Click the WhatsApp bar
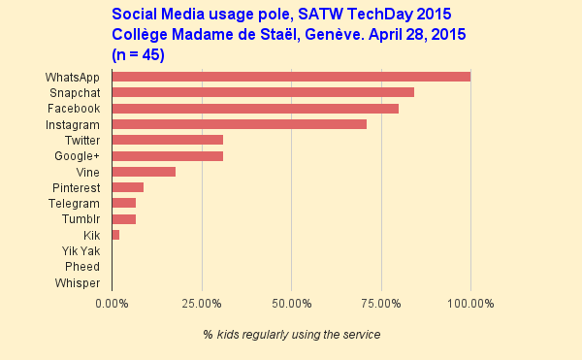[x=291, y=77]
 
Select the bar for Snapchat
[x=263, y=92]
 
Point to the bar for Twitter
[x=167, y=140]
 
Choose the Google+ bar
[x=167, y=156]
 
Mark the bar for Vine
[x=144, y=172]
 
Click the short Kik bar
[x=115, y=235]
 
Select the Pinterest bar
[x=128, y=187]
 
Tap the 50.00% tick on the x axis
[x=291, y=304]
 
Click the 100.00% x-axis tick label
[x=470, y=304]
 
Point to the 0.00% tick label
[x=112, y=304]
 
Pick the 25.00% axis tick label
[x=202, y=304]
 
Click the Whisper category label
[x=76, y=282]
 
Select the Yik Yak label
[x=81, y=251]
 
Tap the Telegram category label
[x=74, y=204]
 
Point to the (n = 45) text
[x=139, y=54]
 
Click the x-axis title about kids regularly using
[x=291, y=335]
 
